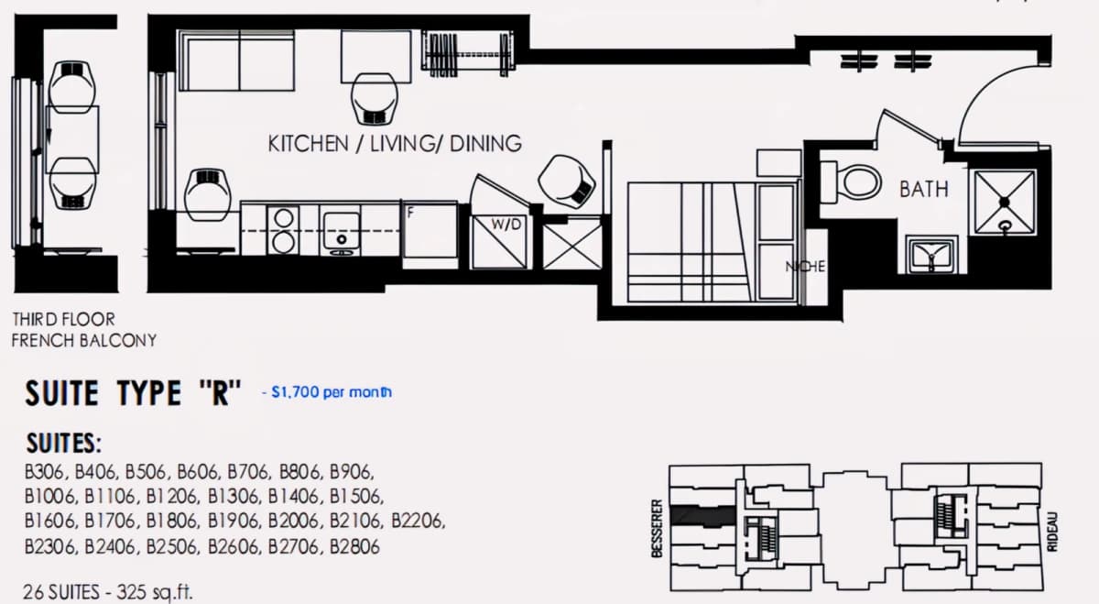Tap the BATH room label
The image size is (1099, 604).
click(924, 190)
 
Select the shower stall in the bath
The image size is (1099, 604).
click(1005, 202)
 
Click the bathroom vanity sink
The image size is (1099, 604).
click(931, 255)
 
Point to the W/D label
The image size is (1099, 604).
click(506, 225)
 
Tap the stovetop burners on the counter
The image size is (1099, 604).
click(283, 230)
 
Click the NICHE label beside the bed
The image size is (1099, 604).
click(805, 267)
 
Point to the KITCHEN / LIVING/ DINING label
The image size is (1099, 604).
click(395, 143)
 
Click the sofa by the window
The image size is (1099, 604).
click(237, 60)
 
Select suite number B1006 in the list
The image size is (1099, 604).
click(50, 496)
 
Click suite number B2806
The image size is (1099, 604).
click(354, 546)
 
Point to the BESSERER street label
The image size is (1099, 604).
click(657, 529)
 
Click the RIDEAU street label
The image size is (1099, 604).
click(1052, 532)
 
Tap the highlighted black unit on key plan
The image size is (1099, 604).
click(703, 515)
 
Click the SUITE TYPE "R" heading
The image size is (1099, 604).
click(133, 393)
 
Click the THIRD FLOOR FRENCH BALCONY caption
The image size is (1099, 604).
click(84, 330)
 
